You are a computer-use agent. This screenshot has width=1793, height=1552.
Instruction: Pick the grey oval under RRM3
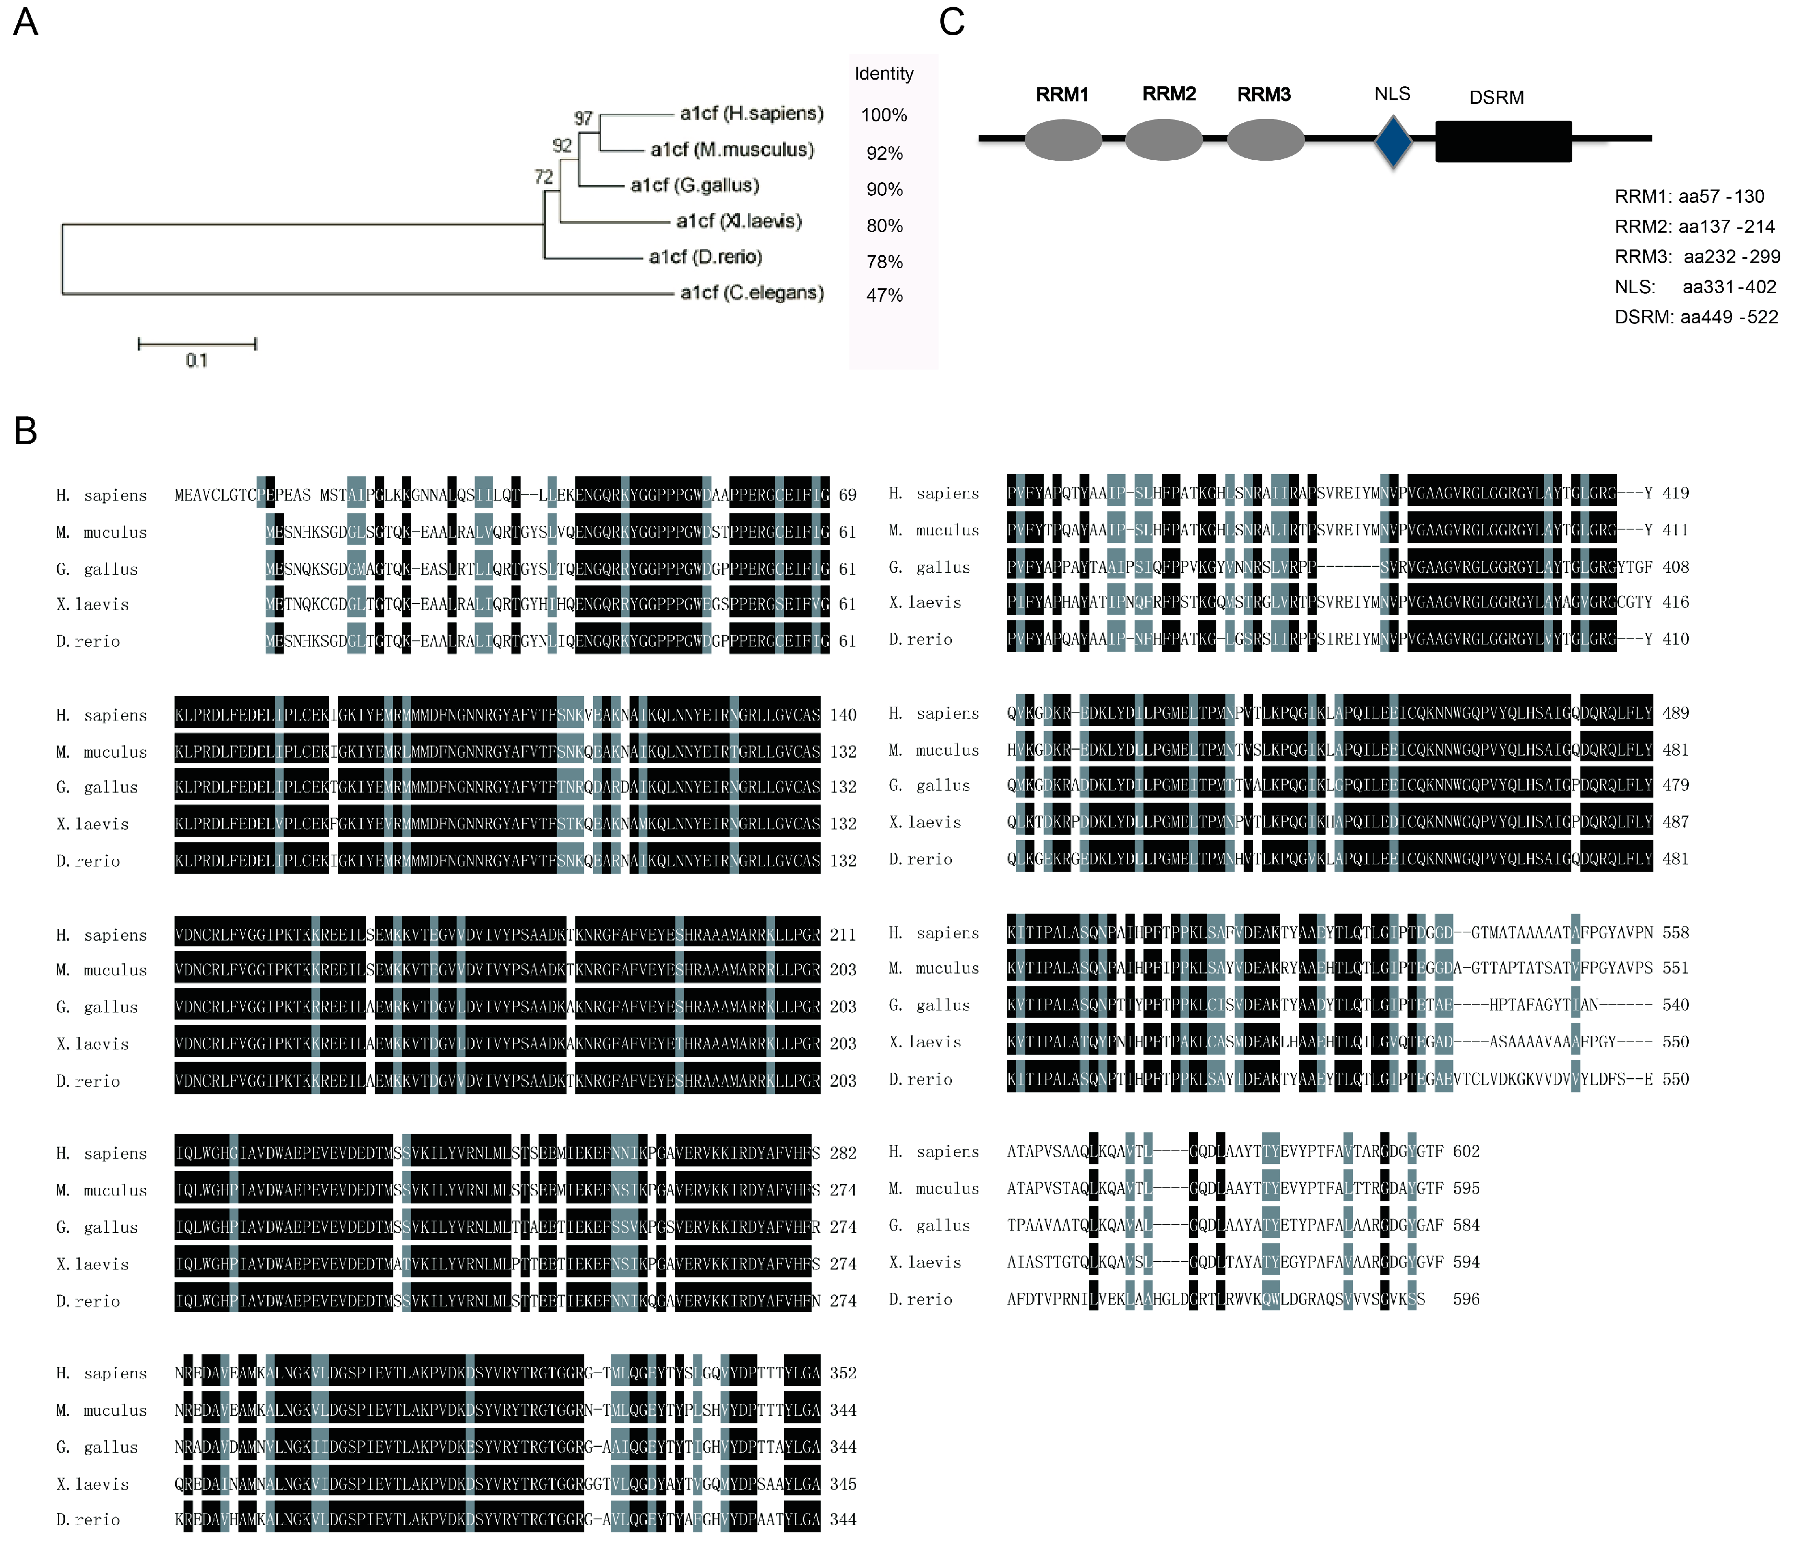(1266, 140)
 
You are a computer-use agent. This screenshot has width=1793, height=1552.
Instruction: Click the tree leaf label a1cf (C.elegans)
(751, 293)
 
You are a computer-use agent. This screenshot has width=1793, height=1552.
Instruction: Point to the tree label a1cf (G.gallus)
(695, 185)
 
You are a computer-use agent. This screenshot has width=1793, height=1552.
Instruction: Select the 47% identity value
(884, 296)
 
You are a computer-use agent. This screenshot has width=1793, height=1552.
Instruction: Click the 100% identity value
(883, 115)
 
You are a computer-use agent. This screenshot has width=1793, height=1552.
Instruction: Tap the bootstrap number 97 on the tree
(583, 118)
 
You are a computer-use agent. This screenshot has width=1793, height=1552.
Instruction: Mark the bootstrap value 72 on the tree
(543, 177)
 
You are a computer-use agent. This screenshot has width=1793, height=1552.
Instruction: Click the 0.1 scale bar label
(197, 360)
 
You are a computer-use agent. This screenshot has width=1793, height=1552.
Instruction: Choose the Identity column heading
(883, 73)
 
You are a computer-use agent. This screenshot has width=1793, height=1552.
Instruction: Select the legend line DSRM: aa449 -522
(1695, 317)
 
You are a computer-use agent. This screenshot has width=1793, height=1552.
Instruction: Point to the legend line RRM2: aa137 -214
(1693, 227)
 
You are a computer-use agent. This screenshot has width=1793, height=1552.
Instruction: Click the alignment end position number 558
(1675, 933)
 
